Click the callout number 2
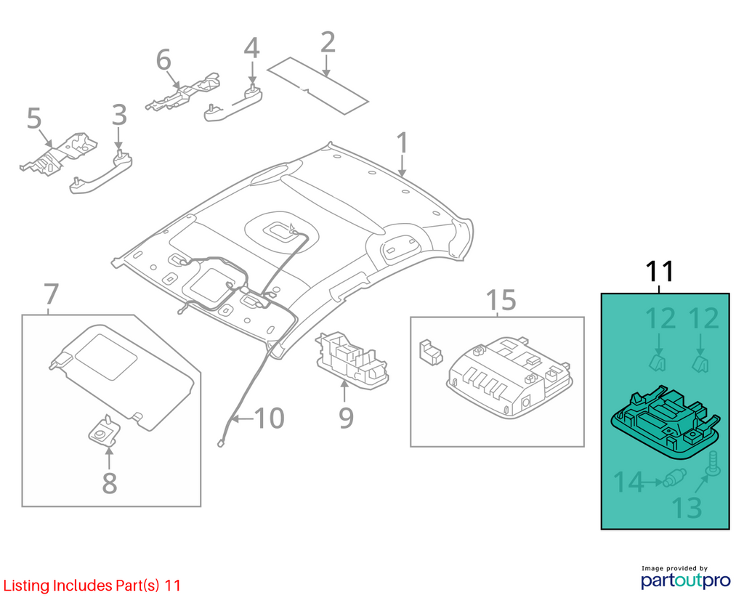click(x=328, y=42)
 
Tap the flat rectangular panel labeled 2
click(x=318, y=86)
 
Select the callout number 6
click(x=163, y=61)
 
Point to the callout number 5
click(x=34, y=118)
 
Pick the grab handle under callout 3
click(x=101, y=171)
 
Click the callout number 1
click(x=402, y=143)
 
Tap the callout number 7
click(x=51, y=294)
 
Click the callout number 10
click(x=269, y=418)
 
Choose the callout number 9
click(x=346, y=418)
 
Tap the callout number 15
click(x=501, y=300)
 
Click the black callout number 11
click(x=660, y=272)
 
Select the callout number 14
click(x=628, y=482)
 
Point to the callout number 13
click(x=687, y=507)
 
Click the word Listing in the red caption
click(x=27, y=586)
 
